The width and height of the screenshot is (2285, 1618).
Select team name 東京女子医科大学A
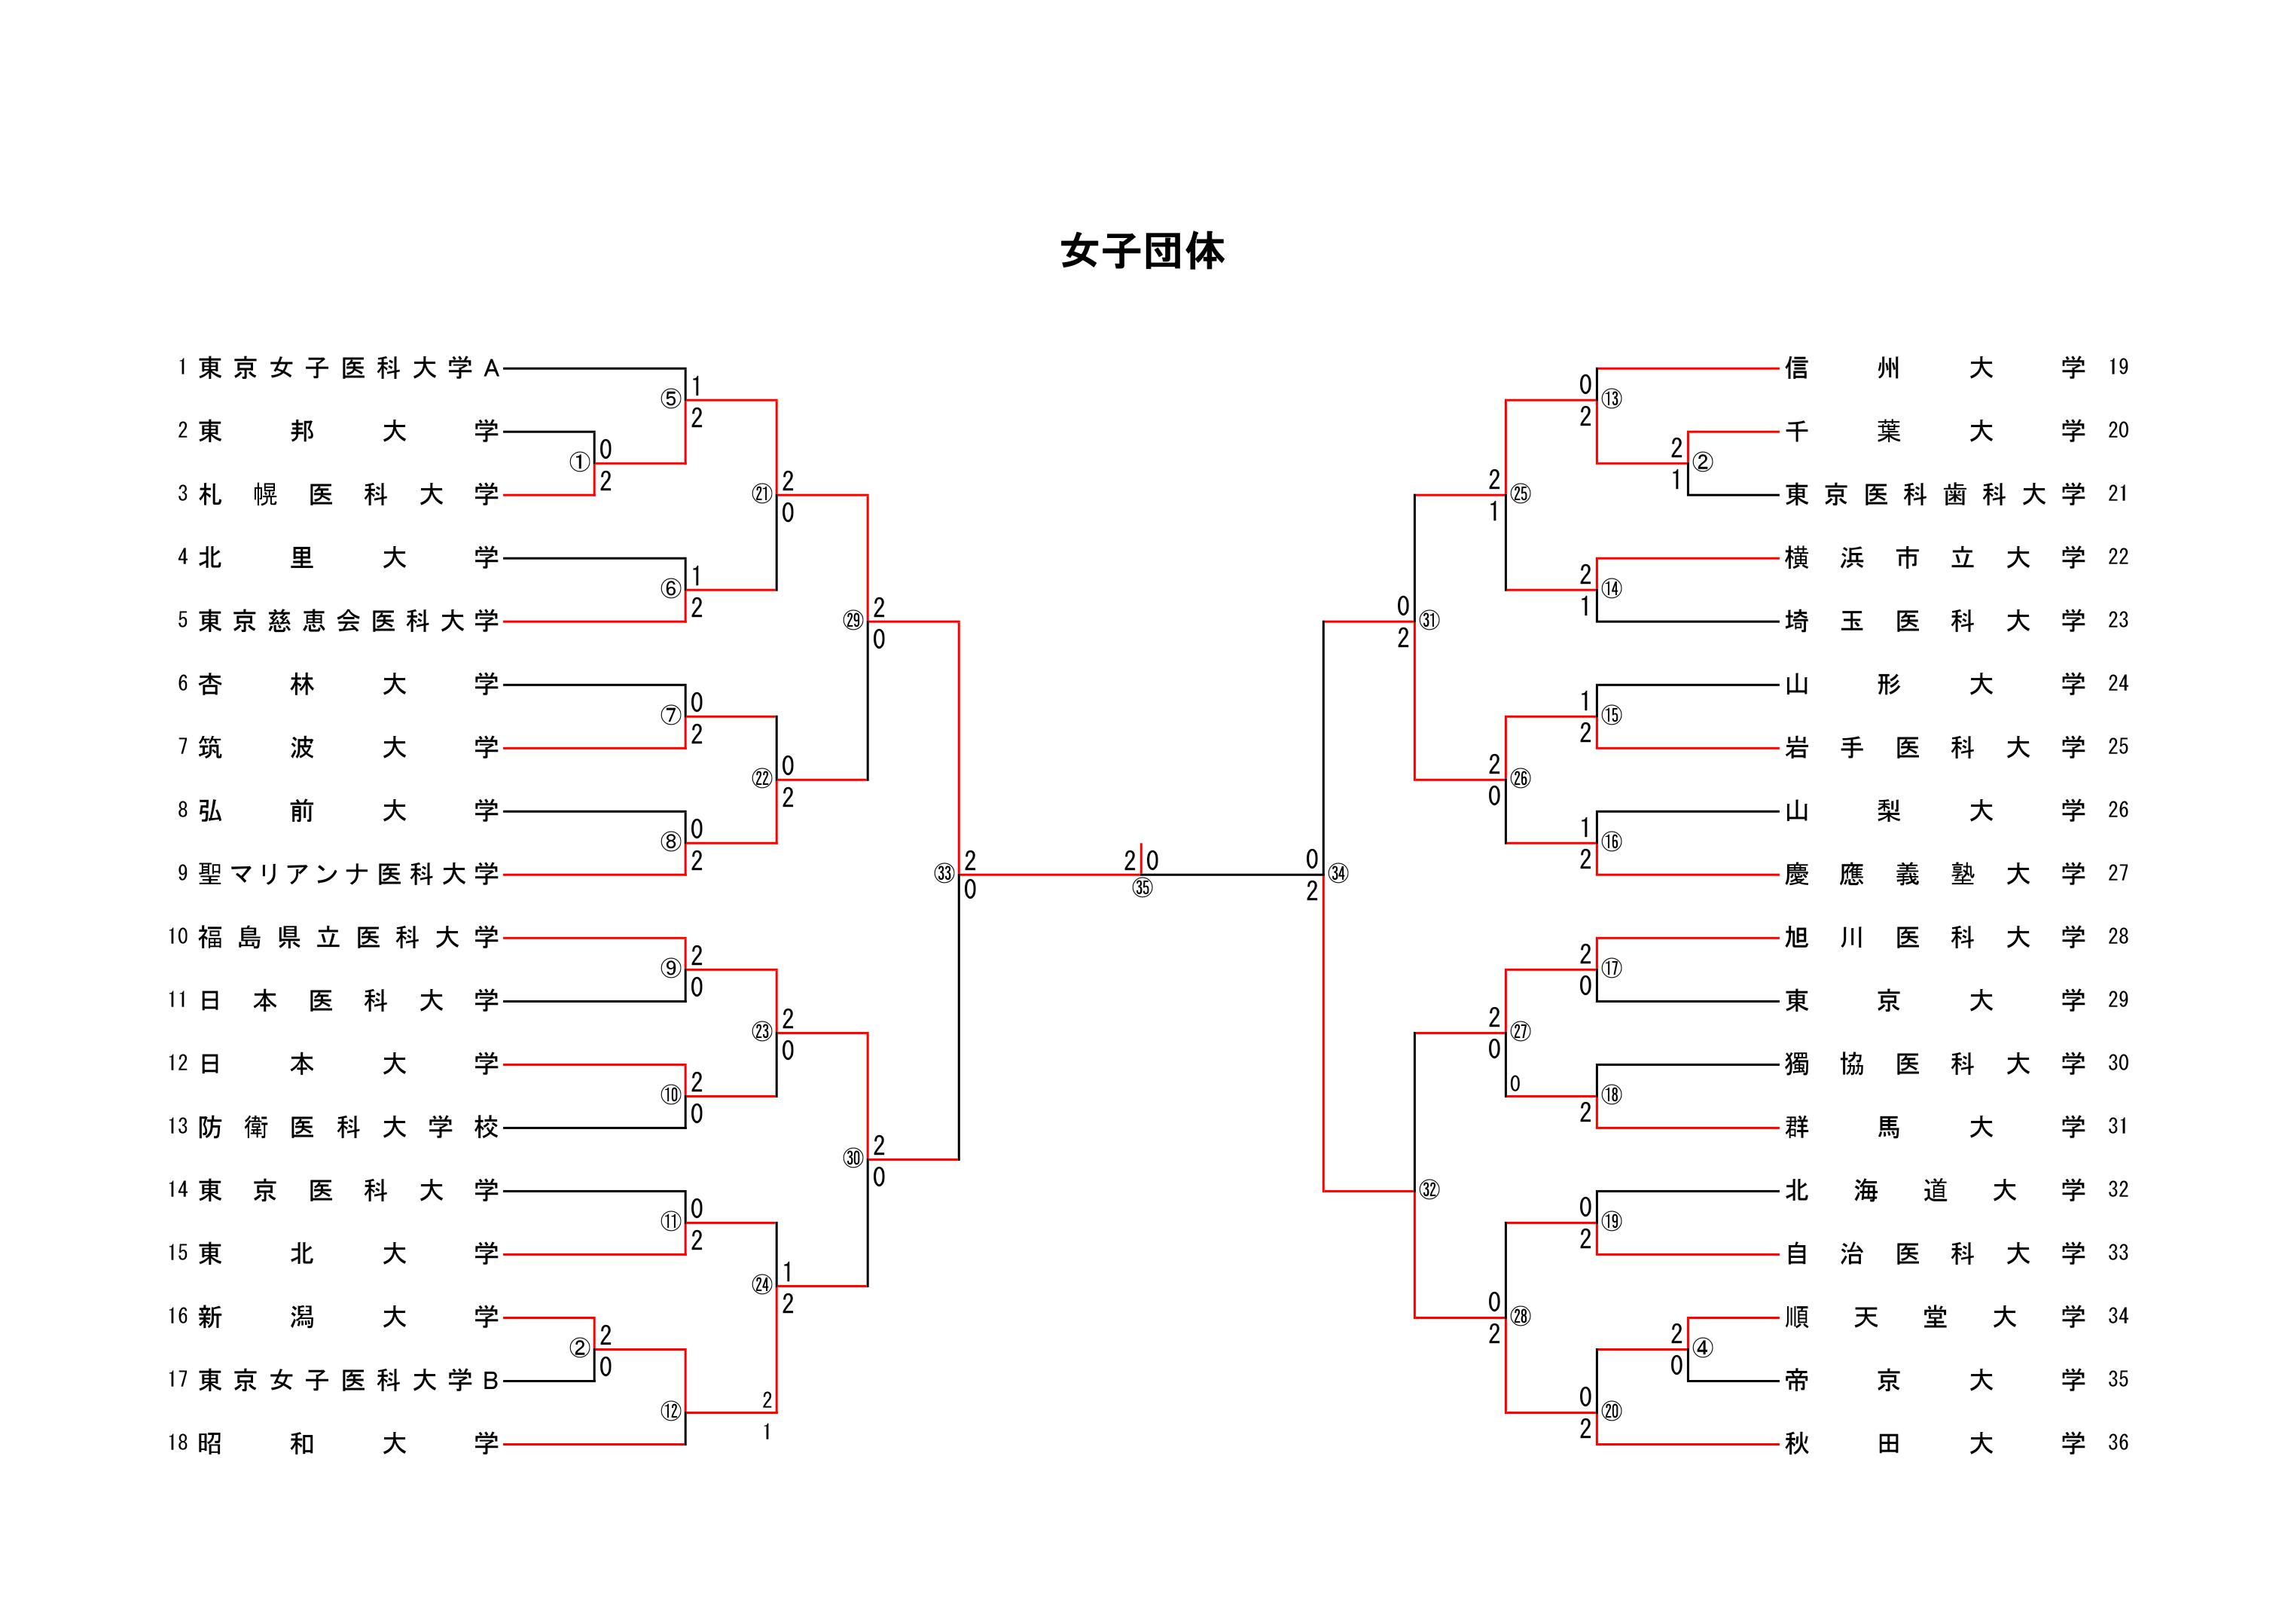tap(348, 368)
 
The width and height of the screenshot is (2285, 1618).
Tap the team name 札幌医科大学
tap(348, 495)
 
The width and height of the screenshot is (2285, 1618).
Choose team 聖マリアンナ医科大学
tap(348, 875)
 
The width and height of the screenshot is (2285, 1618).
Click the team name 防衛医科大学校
tap(348, 1128)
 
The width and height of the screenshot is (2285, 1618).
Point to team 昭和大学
tap(348, 1444)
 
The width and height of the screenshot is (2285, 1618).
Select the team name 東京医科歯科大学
tap(1934, 495)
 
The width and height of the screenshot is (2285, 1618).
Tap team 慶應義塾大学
tap(1934, 875)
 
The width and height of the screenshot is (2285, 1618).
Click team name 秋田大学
tap(1934, 1444)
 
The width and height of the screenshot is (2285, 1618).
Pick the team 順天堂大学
tap(1934, 1317)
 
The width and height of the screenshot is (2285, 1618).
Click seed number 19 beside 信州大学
tap(2118, 368)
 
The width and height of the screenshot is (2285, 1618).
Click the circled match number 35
tap(1142, 887)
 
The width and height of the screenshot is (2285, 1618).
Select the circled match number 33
tap(944, 874)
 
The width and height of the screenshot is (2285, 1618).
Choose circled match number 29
tap(853, 621)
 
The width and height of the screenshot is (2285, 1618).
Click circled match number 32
tap(1429, 1189)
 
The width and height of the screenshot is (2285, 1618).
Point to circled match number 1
tap(580, 463)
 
